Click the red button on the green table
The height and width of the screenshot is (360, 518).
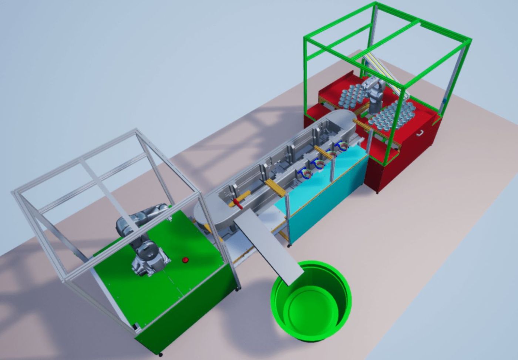tap(185, 260)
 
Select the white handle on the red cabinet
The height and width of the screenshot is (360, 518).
tap(421, 133)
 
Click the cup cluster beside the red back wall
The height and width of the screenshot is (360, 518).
tap(353, 96)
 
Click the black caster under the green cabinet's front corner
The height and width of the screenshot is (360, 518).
tap(160, 355)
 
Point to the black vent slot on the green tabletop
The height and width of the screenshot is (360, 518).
tap(137, 326)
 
